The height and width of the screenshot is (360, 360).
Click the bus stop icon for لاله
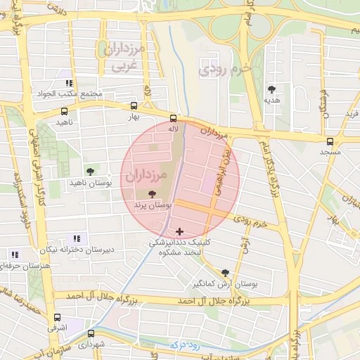[x=174, y=118]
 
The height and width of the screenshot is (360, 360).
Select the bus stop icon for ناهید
[x=65, y=111]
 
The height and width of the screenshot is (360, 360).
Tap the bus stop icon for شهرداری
[x=91, y=334]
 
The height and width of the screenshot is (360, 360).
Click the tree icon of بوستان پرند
[x=153, y=193]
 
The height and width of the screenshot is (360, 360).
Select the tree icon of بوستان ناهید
[x=89, y=172]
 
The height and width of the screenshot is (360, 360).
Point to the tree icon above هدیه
[x=271, y=89]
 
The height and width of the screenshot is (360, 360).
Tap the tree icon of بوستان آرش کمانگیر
[x=225, y=273]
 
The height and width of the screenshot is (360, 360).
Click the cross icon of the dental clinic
[x=179, y=231]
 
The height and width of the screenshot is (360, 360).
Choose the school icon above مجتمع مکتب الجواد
[x=68, y=83]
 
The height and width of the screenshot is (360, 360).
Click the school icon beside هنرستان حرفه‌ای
[x=15, y=255]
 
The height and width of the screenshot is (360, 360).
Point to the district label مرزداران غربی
[x=125, y=57]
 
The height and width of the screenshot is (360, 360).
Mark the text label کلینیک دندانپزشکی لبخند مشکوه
[x=179, y=247]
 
